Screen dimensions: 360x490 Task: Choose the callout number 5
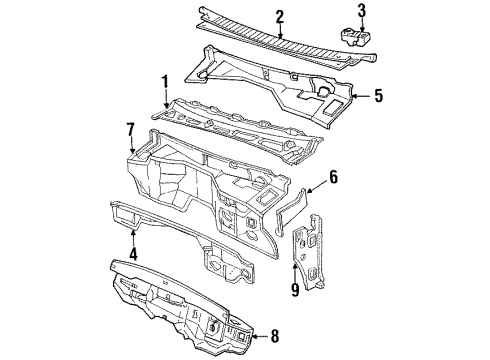(x=377, y=98)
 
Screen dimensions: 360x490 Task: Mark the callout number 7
(x=129, y=127)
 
